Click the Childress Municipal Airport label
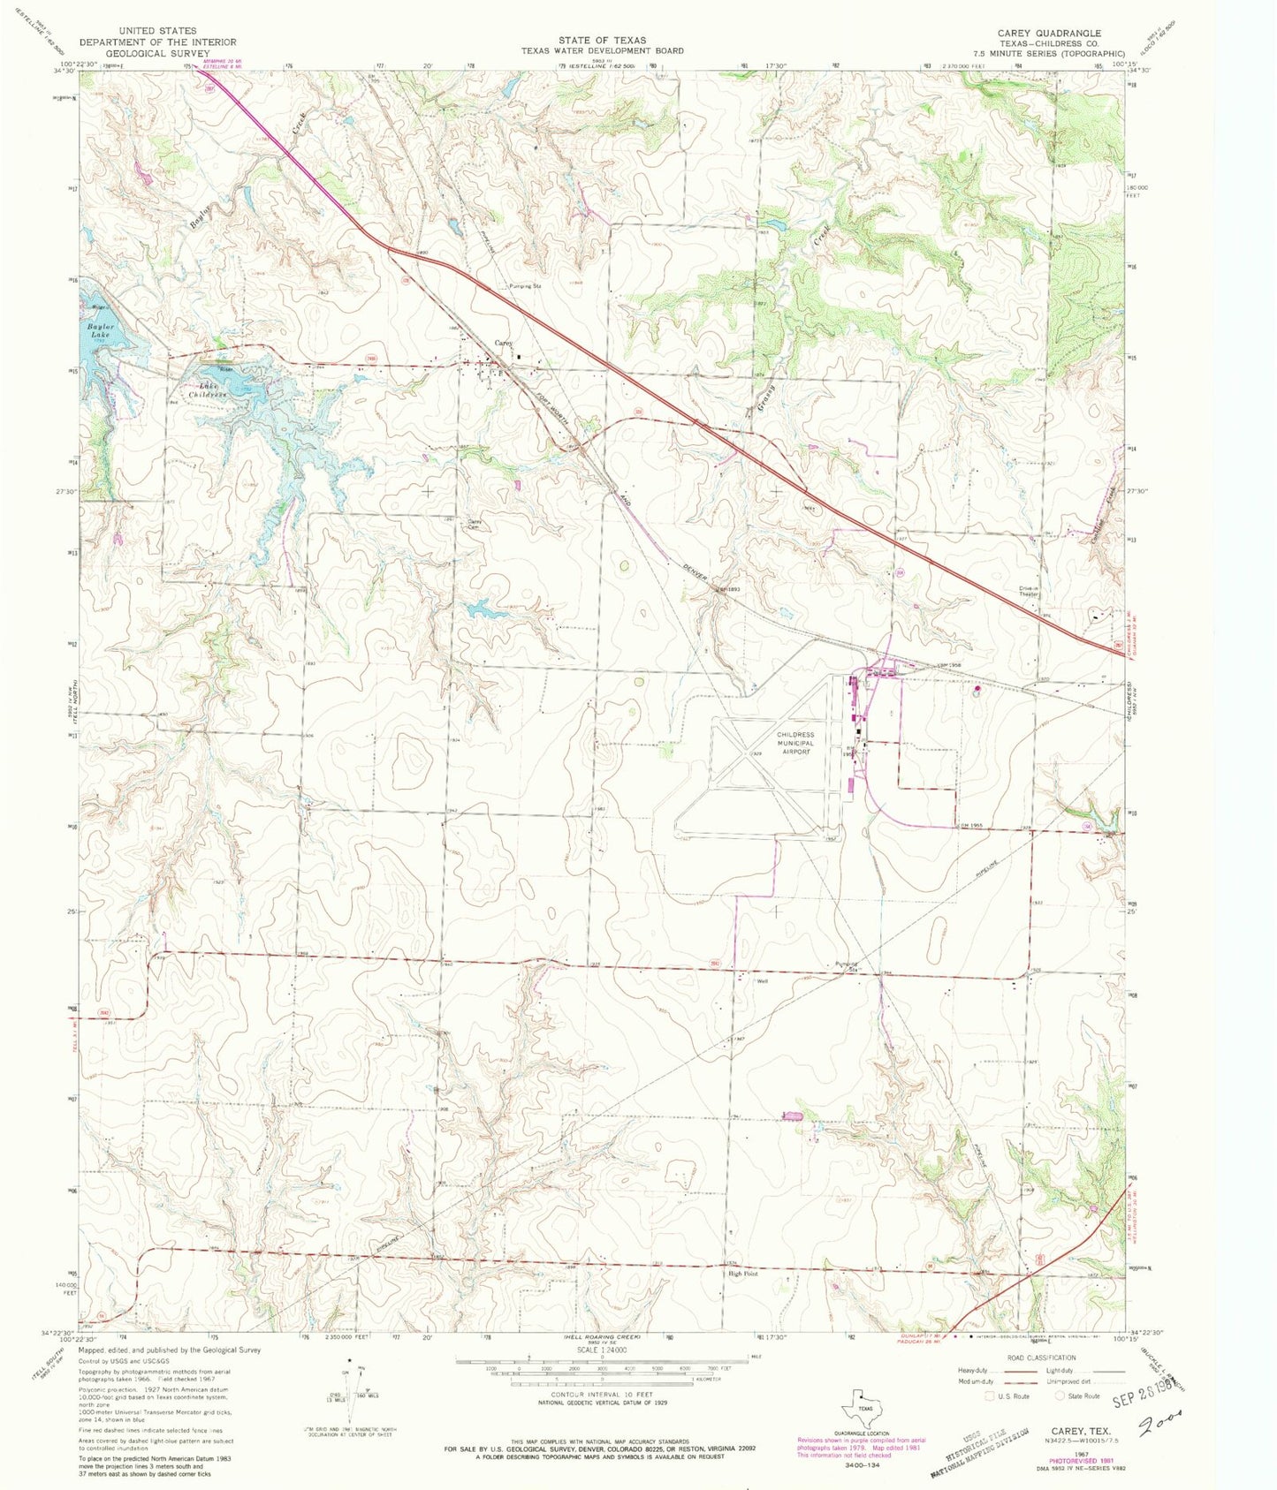click(x=795, y=750)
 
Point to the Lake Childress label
click(x=213, y=390)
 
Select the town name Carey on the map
click(x=503, y=343)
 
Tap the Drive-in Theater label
click(x=1030, y=592)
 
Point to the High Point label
click(x=742, y=1274)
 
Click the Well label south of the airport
click(x=760, y=980)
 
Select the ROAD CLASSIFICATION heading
click(x=1040, y=1358)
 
